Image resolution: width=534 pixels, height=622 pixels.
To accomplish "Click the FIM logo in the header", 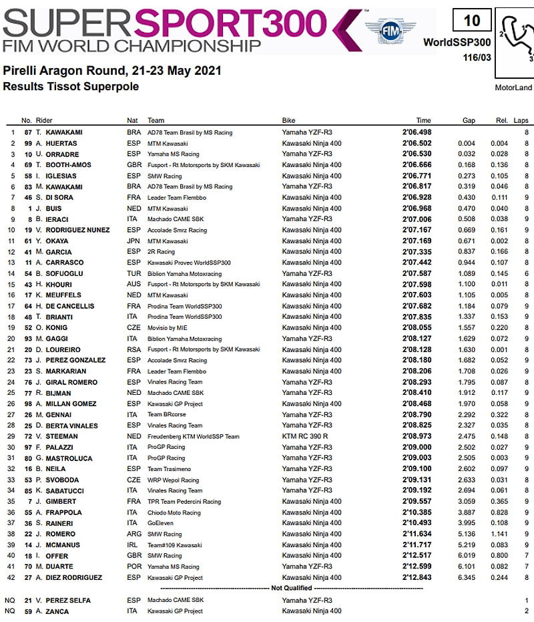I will click(390, 30).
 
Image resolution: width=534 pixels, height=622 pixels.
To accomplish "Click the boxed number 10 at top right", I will click(471, 21).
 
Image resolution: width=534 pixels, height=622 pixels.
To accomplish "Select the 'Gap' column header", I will click(468, 120).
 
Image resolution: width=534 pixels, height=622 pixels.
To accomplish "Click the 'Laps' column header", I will click(521, 120).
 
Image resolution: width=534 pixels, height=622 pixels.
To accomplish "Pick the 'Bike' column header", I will click(288, 120).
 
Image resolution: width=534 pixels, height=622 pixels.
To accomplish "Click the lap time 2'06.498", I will click(417, 132).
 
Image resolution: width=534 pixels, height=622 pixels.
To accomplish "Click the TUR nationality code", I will click(133, 273).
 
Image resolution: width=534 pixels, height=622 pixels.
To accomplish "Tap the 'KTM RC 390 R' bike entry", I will click(305, 436).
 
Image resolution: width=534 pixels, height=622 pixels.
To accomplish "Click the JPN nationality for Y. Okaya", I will click(133, 241).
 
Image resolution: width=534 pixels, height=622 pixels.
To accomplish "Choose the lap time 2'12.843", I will click(417, 577).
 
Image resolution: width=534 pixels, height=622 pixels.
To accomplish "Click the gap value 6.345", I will click(466, 577).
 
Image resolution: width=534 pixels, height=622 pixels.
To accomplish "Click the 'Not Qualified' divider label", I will click(291, 588).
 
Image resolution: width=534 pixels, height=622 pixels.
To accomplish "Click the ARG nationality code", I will click(133, 534).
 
